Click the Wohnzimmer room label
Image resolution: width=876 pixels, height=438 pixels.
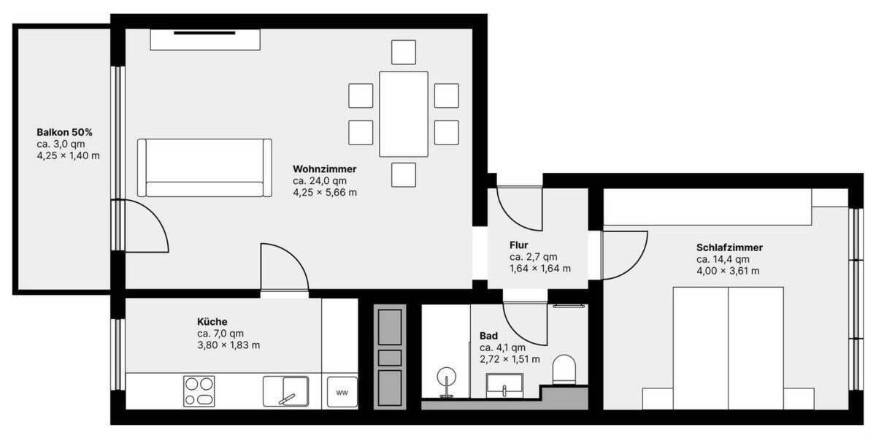tap(325, 169)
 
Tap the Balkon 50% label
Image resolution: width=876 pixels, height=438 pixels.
tap(64, 133)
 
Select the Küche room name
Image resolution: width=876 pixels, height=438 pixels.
tap(212, 321)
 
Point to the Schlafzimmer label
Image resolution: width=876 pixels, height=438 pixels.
tap(729, 247)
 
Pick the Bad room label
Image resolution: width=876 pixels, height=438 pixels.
tap(488, 336)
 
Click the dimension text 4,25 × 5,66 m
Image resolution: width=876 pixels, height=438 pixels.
tap(325, 193)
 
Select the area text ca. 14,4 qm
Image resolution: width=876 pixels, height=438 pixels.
tap(723, 259)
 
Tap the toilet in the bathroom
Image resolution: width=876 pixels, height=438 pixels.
tap(564, 370)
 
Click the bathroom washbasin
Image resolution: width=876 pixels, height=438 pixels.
tap(504, 383)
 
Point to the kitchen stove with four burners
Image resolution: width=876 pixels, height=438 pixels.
tap(199, 391)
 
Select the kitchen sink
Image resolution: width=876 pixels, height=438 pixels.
tap(285, 391)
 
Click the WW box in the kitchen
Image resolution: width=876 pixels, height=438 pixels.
tap(342, 393)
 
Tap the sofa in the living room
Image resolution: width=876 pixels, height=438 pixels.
tap(204, 168)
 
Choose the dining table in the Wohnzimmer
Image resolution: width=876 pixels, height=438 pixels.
tap(404, 113)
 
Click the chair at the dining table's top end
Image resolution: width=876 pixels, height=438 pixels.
tap(404, 52)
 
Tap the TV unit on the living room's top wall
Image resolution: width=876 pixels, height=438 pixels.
tap(205, 39)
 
